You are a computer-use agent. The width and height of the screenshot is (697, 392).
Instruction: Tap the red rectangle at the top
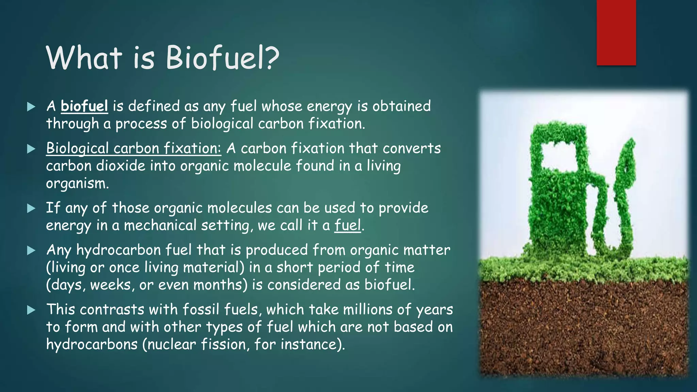pos(616,32)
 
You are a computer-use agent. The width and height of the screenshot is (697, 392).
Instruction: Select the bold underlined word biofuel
pos(84,106)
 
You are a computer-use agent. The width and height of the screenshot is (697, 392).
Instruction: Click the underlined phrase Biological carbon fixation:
pos(133,148)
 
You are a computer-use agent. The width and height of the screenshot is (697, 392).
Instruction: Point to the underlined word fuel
pos(347,225)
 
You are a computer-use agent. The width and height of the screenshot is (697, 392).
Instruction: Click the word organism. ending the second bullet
pos(77,184)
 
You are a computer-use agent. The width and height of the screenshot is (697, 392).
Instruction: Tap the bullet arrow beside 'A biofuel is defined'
pos(31,107)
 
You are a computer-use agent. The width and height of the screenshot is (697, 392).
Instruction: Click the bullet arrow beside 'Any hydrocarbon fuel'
pos(31,251)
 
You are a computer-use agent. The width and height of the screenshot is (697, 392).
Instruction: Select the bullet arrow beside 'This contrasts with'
pos(31,310)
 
